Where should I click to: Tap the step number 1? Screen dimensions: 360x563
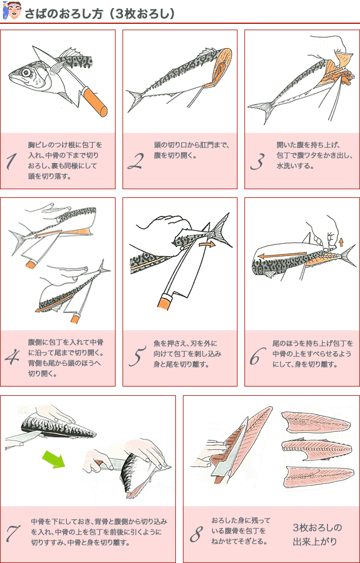(11, 161)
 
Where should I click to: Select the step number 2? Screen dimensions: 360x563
(135, 161)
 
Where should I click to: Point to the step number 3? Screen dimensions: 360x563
(258, 161)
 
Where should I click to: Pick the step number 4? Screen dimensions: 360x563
(13, 358)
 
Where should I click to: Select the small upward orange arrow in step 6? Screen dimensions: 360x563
(341, 242)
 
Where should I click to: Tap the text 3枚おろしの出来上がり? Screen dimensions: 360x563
(317, 535)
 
